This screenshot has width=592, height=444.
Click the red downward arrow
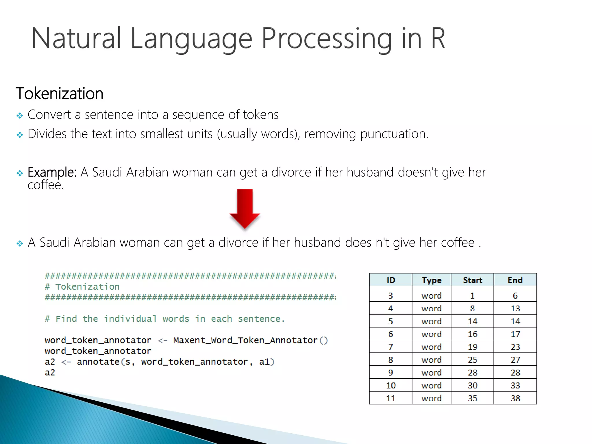coord(245,208)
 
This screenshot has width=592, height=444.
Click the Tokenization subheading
coord(60,94)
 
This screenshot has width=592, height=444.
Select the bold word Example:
coord(52,172)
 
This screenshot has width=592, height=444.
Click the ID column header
coord(391,280)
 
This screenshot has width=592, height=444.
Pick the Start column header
coord(472,280)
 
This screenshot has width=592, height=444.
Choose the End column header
coord(515,280)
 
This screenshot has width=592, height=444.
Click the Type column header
coord(431,280)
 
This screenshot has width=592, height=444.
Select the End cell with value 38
coord(515,398)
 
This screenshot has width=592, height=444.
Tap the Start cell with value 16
coord(472,334)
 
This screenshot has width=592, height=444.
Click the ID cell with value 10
coord(391,385)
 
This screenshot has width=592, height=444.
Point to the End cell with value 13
coord(515,308)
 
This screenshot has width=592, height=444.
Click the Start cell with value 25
coord(472,360)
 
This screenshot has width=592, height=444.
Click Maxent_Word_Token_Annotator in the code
coord(245,340)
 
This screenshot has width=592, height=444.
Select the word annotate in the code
coord(98,362)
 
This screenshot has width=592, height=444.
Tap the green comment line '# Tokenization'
coord(82,287)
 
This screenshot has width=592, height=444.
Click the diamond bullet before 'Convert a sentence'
coord(20,116)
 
